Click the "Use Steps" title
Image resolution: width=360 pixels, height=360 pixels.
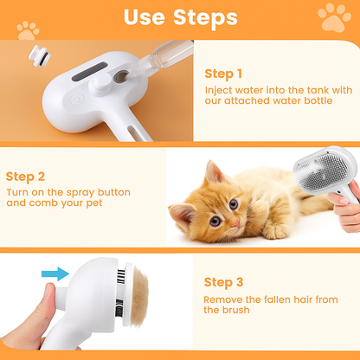(x=181, y=18)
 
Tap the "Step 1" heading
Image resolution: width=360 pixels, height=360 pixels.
(x=223, y=74)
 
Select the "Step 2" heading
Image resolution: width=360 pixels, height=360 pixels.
(x=25, y=177)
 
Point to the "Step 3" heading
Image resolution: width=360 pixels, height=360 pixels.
(x=223, y=282)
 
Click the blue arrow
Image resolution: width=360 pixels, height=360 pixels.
(x=55, y=273)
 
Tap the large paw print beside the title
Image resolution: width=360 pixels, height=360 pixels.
(x=334, y=17)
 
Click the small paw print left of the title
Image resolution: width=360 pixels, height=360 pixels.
(x=28, y=30)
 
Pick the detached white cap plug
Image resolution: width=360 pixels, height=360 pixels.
(x=40, y=56)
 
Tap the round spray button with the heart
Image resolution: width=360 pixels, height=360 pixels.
(x=77, y=100)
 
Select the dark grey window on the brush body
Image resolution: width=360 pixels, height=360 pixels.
(x=89, y=72)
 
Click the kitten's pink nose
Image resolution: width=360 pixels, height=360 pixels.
(x=236, y=223)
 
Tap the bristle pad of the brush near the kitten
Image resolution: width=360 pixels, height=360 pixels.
(x=323, y=172)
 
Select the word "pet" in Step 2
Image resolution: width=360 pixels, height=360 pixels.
(x=94, y=203)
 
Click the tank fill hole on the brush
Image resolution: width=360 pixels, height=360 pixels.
(x=120, y=76)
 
